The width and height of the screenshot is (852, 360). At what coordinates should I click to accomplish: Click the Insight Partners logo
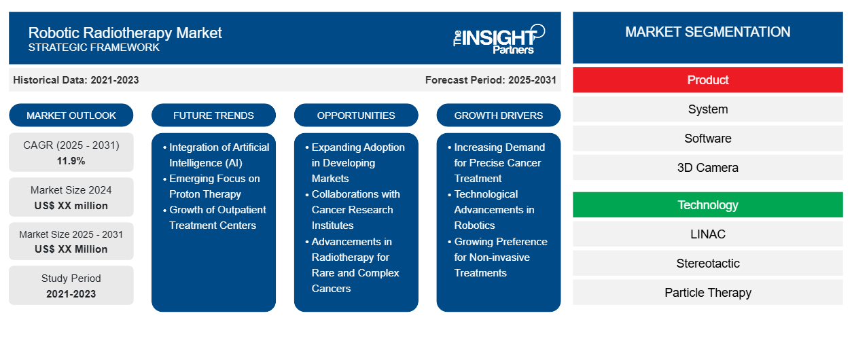coord(499,39)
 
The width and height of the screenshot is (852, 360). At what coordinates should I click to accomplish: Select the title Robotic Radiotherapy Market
coord(125,32)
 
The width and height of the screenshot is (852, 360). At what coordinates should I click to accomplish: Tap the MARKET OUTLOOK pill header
coord(71,115)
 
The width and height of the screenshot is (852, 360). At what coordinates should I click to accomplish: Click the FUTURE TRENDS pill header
coord(213,115)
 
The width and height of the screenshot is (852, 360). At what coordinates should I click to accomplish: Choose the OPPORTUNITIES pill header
coord(356,115)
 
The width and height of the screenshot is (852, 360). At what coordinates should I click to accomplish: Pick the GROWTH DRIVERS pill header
coord(499,115)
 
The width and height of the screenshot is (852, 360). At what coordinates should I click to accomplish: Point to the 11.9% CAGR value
coord(71,161)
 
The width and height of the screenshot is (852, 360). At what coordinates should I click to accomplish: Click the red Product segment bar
coord(707,80)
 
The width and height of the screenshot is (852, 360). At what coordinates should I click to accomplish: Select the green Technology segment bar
coord(707,205)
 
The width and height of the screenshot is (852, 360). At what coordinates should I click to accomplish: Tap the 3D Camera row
coord(707,168)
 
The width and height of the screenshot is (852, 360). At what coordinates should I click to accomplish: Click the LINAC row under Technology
coord(707,234)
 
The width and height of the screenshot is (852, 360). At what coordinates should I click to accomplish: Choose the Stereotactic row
coord(707,264)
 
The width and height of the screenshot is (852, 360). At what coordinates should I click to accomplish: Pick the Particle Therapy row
coord(707,293)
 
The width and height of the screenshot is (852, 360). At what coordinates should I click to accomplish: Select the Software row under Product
coord(707,139)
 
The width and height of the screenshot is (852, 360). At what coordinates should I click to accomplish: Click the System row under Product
coord(707,109)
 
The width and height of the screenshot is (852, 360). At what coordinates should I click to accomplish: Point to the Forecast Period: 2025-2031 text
coord(491,80)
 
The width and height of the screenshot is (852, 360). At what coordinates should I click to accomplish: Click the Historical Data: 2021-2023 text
coord(76,80)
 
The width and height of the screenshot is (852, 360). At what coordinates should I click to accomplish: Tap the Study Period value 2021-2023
coord(71,294)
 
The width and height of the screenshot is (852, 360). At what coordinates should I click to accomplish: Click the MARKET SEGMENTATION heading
coord(707,32)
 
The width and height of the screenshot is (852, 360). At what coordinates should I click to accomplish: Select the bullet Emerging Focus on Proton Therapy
coord(214,186)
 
